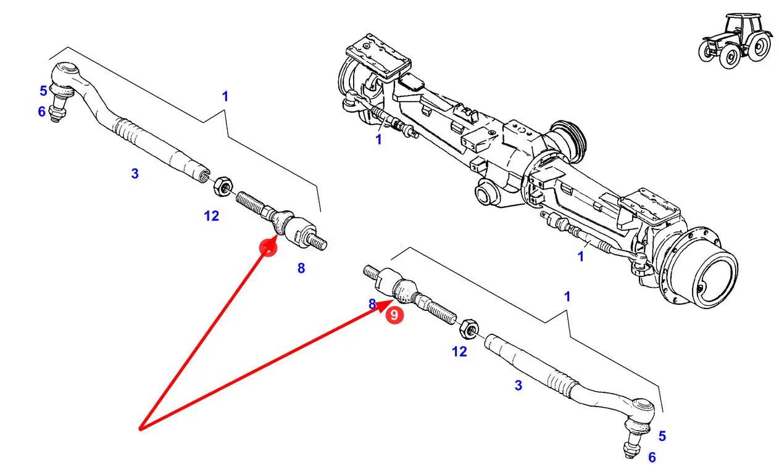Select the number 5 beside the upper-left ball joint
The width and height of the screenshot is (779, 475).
click(x=43, y=91)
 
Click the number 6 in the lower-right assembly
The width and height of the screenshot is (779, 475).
click(x=652, y=457)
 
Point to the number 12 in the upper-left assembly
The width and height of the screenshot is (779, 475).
click(x=212, y=216)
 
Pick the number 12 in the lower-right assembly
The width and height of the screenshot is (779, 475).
click(x=459, y=352)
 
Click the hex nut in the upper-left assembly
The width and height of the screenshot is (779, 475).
click(x=223, y=184)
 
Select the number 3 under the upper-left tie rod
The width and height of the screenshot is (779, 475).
click(x=135, y=174)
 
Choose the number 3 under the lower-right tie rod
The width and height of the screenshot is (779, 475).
click(x=518, y=386)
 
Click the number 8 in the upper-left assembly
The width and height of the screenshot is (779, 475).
click(x=301, y=268)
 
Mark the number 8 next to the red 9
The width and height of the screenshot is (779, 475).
click(x=372, y=304)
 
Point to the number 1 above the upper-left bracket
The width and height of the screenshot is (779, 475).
click(x=225, y=96)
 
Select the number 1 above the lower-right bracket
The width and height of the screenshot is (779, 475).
click(x=567, y=296)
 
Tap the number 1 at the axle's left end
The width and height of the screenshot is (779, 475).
click(x=378, y=140)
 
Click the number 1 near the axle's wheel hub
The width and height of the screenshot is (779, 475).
click(x=580, y=255)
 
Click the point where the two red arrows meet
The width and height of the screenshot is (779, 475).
click(x=141, y=428)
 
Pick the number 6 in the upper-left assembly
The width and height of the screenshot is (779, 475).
click(x=41, y=112)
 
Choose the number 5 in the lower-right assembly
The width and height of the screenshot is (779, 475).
click(x=662, y=436)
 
